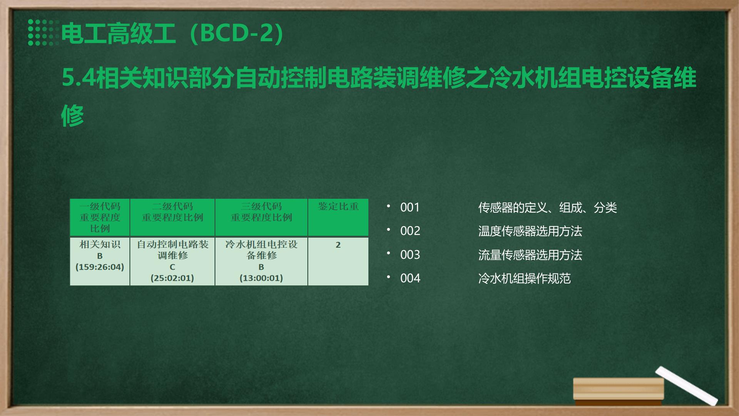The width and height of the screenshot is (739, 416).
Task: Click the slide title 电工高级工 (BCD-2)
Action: click(x=173, y=33)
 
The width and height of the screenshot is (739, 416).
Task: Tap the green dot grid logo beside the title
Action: click(x=43, y=32)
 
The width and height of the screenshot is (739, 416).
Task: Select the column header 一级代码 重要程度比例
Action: click(x=100, y=217)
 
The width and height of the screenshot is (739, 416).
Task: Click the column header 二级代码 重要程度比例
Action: click(x=172, y=212)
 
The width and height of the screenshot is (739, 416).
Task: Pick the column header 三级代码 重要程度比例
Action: click(x=261, y=212)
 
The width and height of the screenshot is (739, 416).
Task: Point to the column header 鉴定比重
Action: click(x=338, y=206)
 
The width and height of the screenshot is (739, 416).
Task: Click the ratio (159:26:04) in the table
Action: click(x=100, y=267)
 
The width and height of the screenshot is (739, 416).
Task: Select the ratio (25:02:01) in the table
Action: click(x=172, y=278)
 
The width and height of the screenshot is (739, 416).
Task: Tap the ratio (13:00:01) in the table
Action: click(x=261, y=278)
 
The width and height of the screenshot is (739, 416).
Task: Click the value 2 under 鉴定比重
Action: click(x=338, y=245)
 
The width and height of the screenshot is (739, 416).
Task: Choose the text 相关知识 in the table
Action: click(x=100, y=244)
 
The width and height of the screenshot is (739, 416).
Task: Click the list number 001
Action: click(x=410, y=207)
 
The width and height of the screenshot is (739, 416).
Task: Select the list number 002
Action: click(x=410, y=231)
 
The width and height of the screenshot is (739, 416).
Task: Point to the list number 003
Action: click(x=410, y=255)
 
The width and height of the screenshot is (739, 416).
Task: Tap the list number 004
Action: click(x=410, y=278)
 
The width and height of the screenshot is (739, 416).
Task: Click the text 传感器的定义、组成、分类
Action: click(x=547, y=208)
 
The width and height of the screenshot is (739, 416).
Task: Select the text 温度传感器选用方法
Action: click(x=530, y=231)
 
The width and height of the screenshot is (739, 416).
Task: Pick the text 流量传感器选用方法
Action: click(x=530, y=255)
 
